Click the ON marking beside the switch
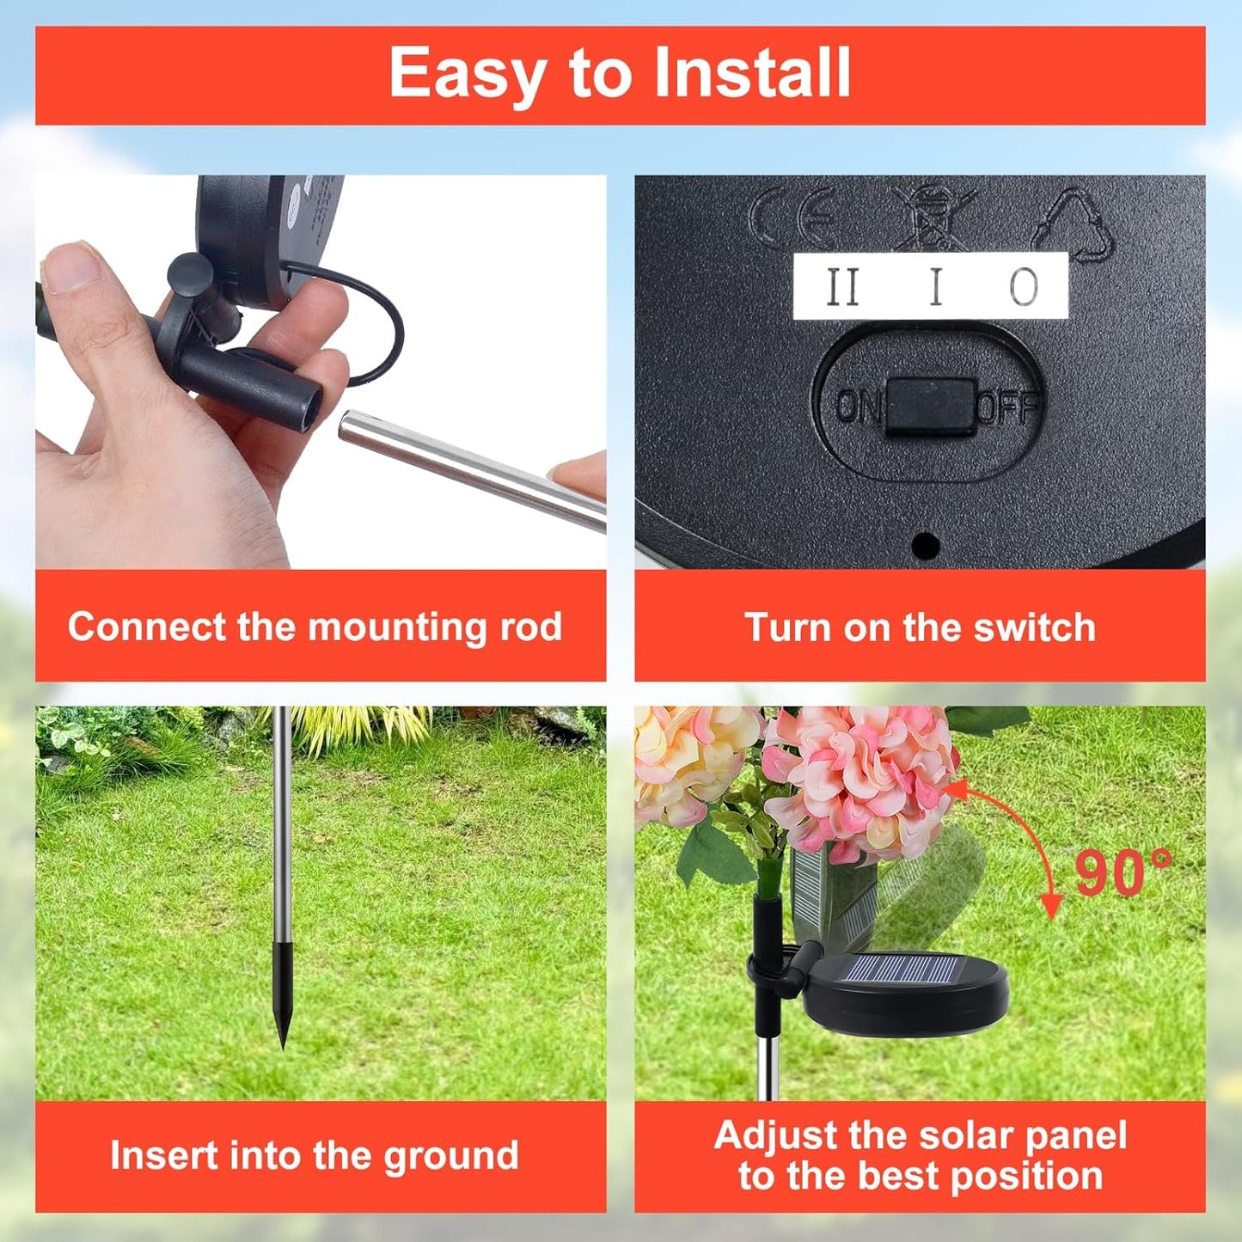(858, 407)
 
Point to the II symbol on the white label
(843, 287)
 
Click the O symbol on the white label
(1024, 287)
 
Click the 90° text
(1123, 872)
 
